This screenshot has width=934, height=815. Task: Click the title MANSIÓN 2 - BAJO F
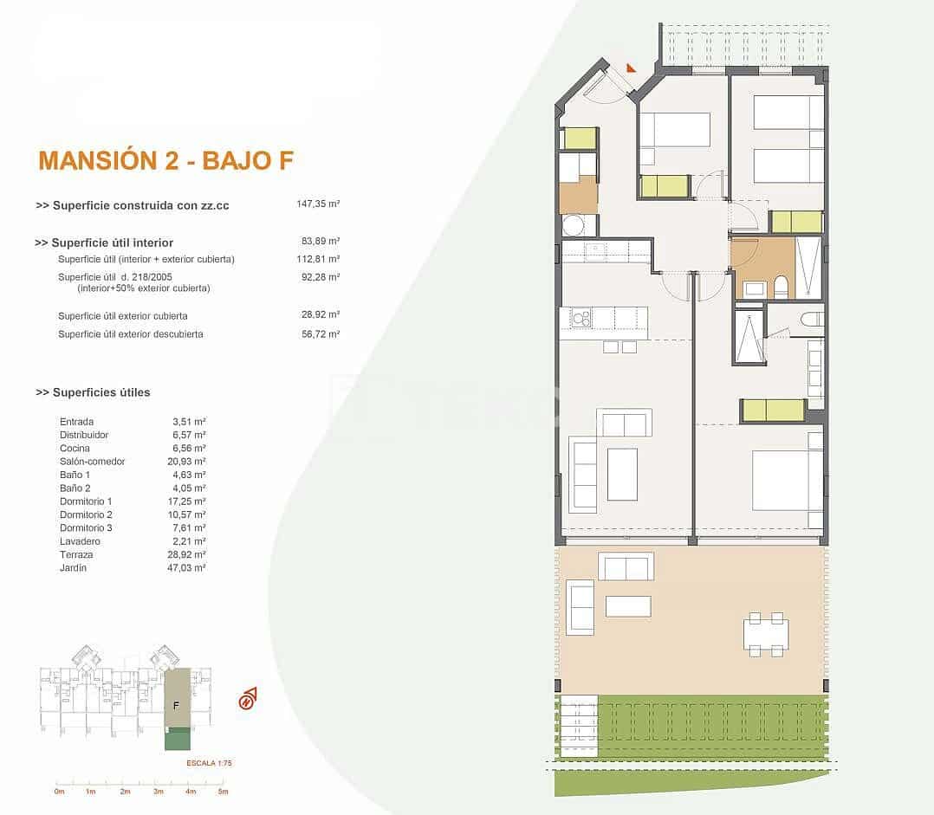[x=166, y=160]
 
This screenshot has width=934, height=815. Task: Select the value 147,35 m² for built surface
[x=317, y=205]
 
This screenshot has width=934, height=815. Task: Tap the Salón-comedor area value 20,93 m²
[x=189, y=462]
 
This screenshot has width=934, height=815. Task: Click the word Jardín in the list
[x=74, y=568]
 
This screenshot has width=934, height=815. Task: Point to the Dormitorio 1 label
[x=86, y=501]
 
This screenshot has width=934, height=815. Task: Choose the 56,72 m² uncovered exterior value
[x=320, y=334]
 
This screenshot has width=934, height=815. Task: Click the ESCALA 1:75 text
[x=209, y=763]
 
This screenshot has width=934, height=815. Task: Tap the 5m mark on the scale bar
[x=223, y=792]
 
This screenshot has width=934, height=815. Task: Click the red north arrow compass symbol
[x=249, y=698]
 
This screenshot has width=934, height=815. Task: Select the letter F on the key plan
[x=176, y=705]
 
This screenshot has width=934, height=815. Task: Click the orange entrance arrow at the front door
[x=631, y=67]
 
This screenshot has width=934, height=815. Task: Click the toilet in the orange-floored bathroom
[x=781, y=286]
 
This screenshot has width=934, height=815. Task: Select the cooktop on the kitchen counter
[x=580, y=320]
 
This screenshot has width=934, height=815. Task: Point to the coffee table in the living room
[x=622, y=474]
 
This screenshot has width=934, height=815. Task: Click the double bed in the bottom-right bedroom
[x=786, y=480]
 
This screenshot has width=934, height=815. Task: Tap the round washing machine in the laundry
[x=574, y=226]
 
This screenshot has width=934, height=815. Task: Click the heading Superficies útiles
[x=93, y=392]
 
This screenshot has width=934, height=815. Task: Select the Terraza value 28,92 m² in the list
[x=189, y=554]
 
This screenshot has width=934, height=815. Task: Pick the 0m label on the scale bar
[x=59, y=792]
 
